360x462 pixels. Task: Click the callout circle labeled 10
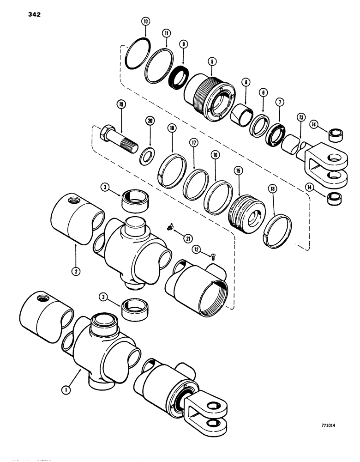(146, 22)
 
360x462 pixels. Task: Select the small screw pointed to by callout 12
(213, 255)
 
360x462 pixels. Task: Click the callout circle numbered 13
(301, 117)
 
